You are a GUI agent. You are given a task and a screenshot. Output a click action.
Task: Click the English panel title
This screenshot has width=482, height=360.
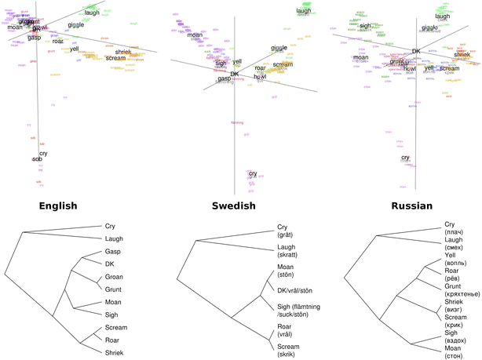50,206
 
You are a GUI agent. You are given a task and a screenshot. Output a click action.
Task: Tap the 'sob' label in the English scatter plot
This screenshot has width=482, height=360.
37,159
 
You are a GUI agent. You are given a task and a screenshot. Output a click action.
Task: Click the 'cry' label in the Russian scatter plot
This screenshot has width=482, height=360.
405,158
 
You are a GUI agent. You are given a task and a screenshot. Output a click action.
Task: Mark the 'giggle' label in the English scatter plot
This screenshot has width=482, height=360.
76,25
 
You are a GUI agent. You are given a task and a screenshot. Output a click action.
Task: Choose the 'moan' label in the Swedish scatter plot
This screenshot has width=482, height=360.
195,35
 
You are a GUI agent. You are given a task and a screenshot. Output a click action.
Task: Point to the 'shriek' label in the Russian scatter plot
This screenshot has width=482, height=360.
462,55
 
